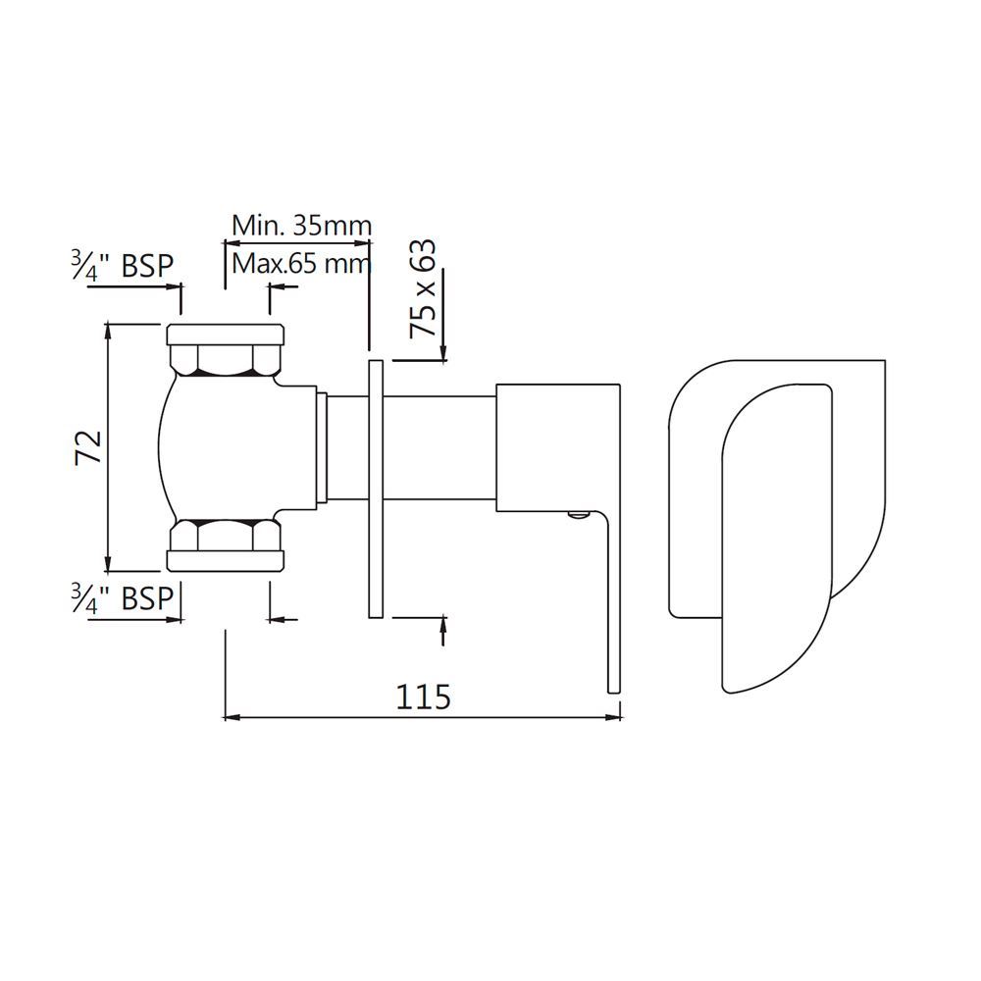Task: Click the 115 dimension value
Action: (423, 696)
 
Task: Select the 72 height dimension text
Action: (89, 446)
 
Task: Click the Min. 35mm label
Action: (301, 226)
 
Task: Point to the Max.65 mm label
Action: (301, 263)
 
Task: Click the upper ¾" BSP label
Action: (122, 266)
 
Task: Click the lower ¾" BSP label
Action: (122, 597)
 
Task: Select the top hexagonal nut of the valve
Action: (227, 359)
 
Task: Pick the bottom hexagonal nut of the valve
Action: (227, 536)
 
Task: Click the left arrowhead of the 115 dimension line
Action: (232, 718)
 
